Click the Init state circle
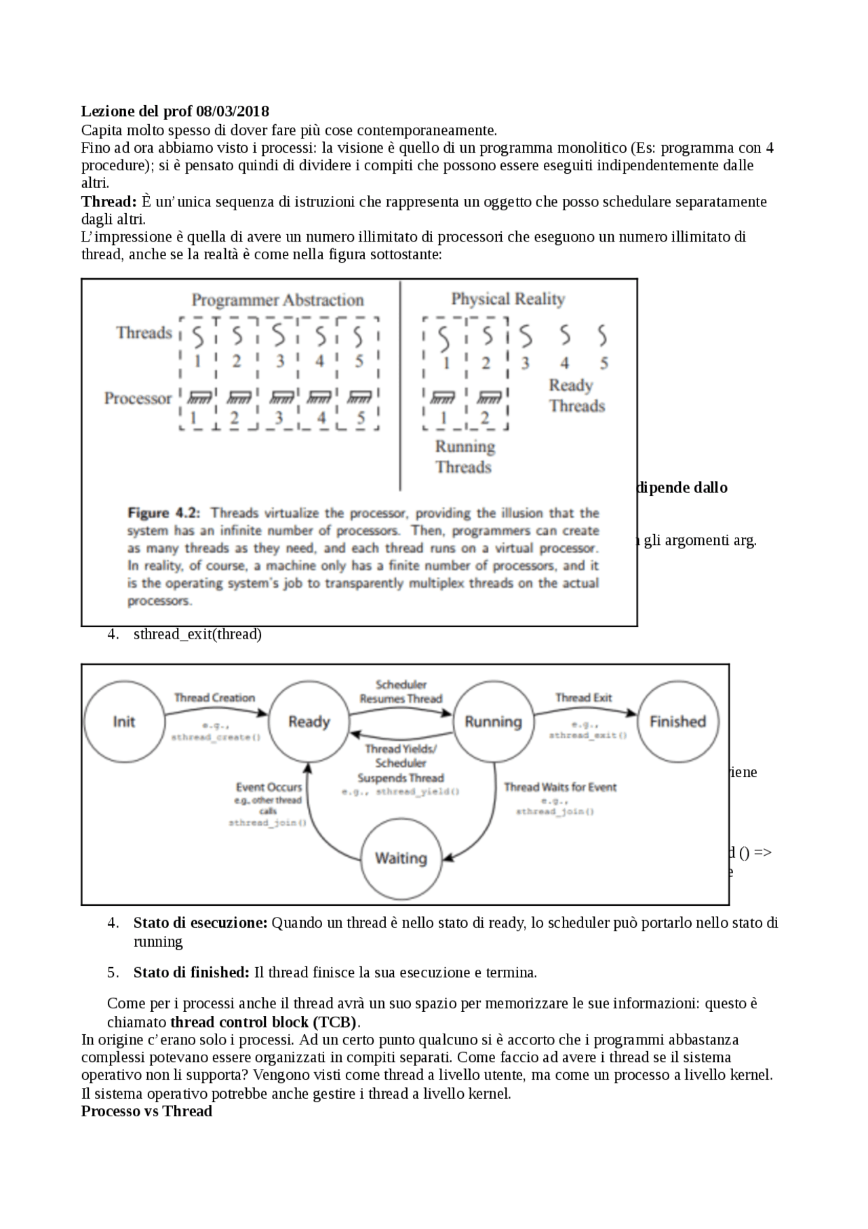[124, 721]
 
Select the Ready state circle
[309, 721]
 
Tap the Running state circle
[493, 721]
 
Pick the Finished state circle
[677, 721]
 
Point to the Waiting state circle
[401, 858]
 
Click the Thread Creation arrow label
[214, 698]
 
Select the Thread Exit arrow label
[583, 698]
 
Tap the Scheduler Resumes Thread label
[401, 692]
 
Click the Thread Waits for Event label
[560, 787]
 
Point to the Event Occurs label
[269, 787]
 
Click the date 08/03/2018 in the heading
[232, 111]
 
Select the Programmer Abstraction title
[277, 300]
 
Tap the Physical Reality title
[508, 299]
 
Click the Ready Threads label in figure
[576, 396]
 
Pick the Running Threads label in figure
[465, 457]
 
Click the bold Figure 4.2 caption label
[163, 513]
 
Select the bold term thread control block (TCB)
[263, 1022]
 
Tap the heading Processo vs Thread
[146, 1111]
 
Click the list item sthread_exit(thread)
[197, 634]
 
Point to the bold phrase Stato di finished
[191, 972]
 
